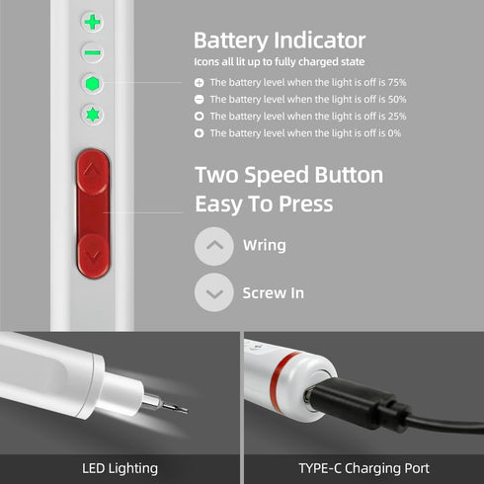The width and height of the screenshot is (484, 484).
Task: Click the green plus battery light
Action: tap(94, 22)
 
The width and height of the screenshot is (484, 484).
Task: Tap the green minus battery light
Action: tap(93, 51)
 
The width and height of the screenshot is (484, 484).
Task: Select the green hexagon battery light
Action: tap(93, 84)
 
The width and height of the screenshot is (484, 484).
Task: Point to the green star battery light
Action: tap(93, 115)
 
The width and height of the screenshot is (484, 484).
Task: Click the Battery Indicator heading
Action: tap(280, 40)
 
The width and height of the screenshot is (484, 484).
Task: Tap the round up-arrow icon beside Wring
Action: tap(214, 246)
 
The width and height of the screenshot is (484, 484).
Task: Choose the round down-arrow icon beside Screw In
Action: tap(214, 293)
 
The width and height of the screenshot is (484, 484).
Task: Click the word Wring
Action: tap(264, 246)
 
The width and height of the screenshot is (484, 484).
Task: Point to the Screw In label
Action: tap(273, 293)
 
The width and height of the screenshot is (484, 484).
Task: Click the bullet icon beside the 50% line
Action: tap(199, 100)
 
